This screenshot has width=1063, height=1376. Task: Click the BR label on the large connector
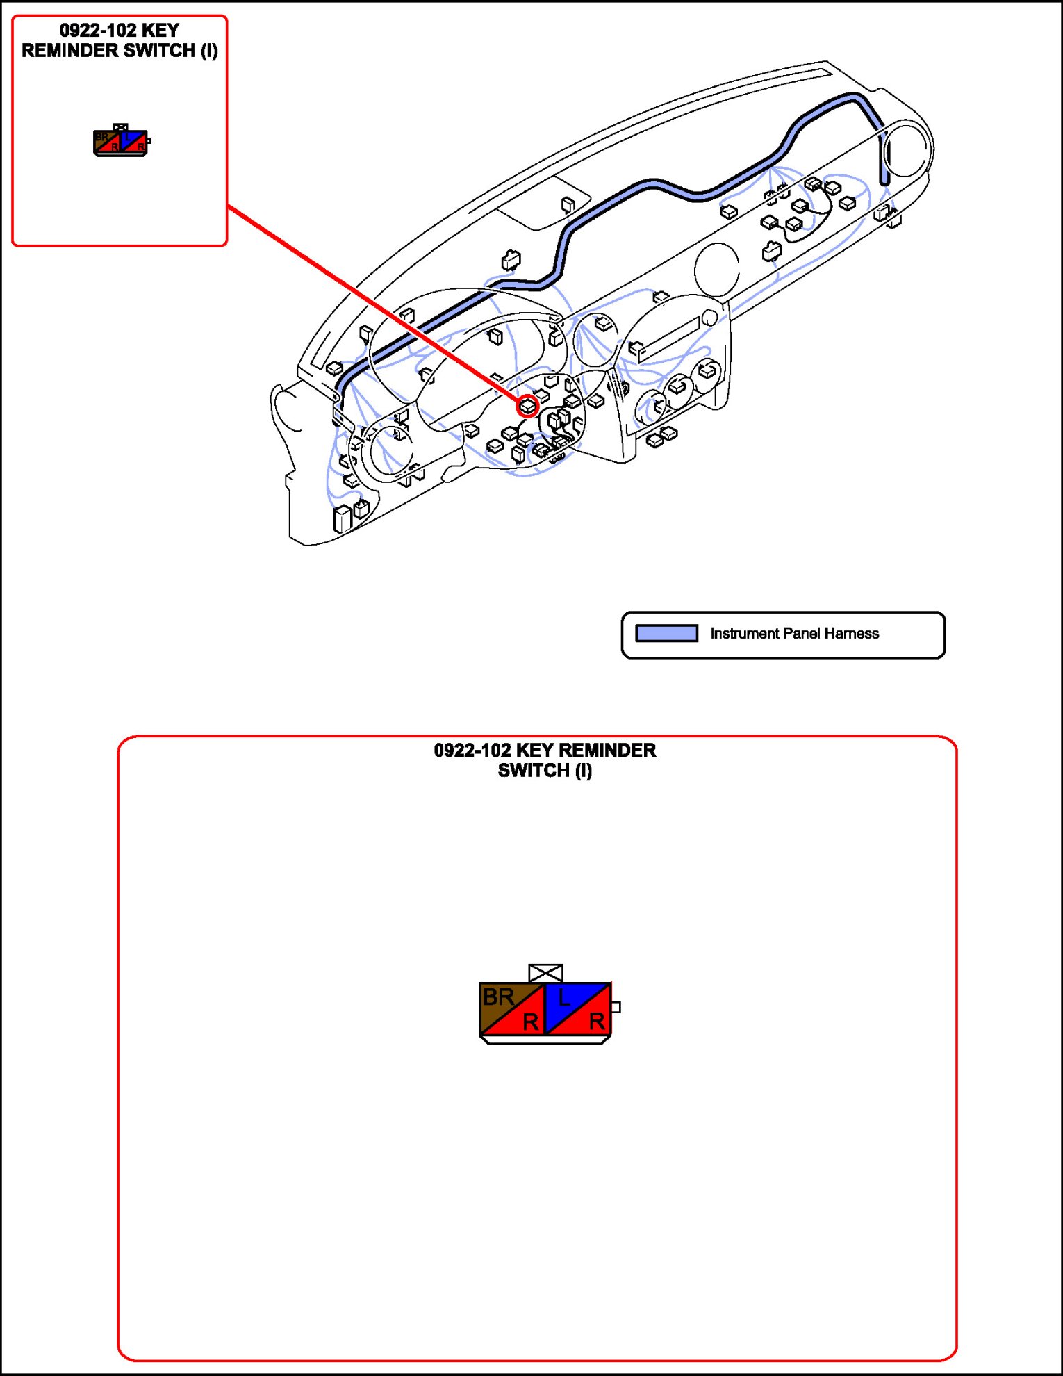tap(498, 997)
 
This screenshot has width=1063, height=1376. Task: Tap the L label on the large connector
tap(564, 999)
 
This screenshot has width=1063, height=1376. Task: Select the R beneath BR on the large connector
tap(530, 1022)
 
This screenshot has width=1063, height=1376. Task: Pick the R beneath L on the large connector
tap(596, 1022)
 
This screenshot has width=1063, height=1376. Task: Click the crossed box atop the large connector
tap(545, 972)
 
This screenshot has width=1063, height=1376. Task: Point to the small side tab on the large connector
tap(616, 1007)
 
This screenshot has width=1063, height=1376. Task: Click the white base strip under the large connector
tap(545, 1040)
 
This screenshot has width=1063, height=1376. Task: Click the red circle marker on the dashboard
tap(528, 406)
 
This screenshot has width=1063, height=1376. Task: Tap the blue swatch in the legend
tap(666, 633)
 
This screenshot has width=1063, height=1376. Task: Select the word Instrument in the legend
tap(744, 633)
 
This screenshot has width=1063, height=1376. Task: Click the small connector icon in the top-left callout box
tap(122, 141)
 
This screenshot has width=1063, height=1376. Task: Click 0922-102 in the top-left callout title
tap(97, 31)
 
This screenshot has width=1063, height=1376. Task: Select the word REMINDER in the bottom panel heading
tap(607, 751)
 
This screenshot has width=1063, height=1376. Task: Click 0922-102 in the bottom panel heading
tap(472, 751)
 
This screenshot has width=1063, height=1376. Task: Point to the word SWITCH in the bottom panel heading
tap(533, 771)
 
